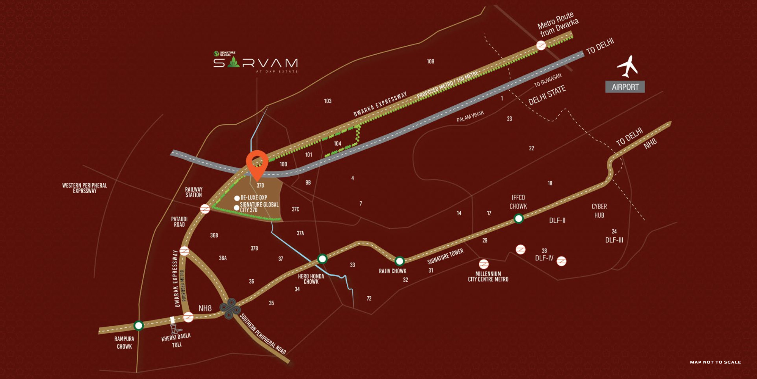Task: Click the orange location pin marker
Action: (x=257, y=163)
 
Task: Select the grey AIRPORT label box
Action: (x=625, y=87)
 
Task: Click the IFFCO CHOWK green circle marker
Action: (x=519, y=219)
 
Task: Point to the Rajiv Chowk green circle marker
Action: (x=399, y=261)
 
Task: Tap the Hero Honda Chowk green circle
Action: (x=322, y=259)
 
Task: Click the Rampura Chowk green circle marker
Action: (x=138, y=325)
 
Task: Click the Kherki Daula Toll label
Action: (x=176, y=340)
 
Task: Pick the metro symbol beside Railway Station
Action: (x=205, y=209)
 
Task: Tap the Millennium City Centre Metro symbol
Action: (x=484, y=264)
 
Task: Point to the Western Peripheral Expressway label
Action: (x=85, y=188)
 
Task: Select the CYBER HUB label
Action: (x=599, y=211)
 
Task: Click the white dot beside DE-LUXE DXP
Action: (x=237, y=198)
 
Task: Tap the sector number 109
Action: (x=430, y=61)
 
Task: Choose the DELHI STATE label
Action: (x=547, y=95)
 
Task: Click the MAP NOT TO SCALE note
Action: (x=715, y=362)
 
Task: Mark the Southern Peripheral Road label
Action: (x=263, y=334)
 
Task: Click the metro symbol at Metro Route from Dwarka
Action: (x=541, y=45)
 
